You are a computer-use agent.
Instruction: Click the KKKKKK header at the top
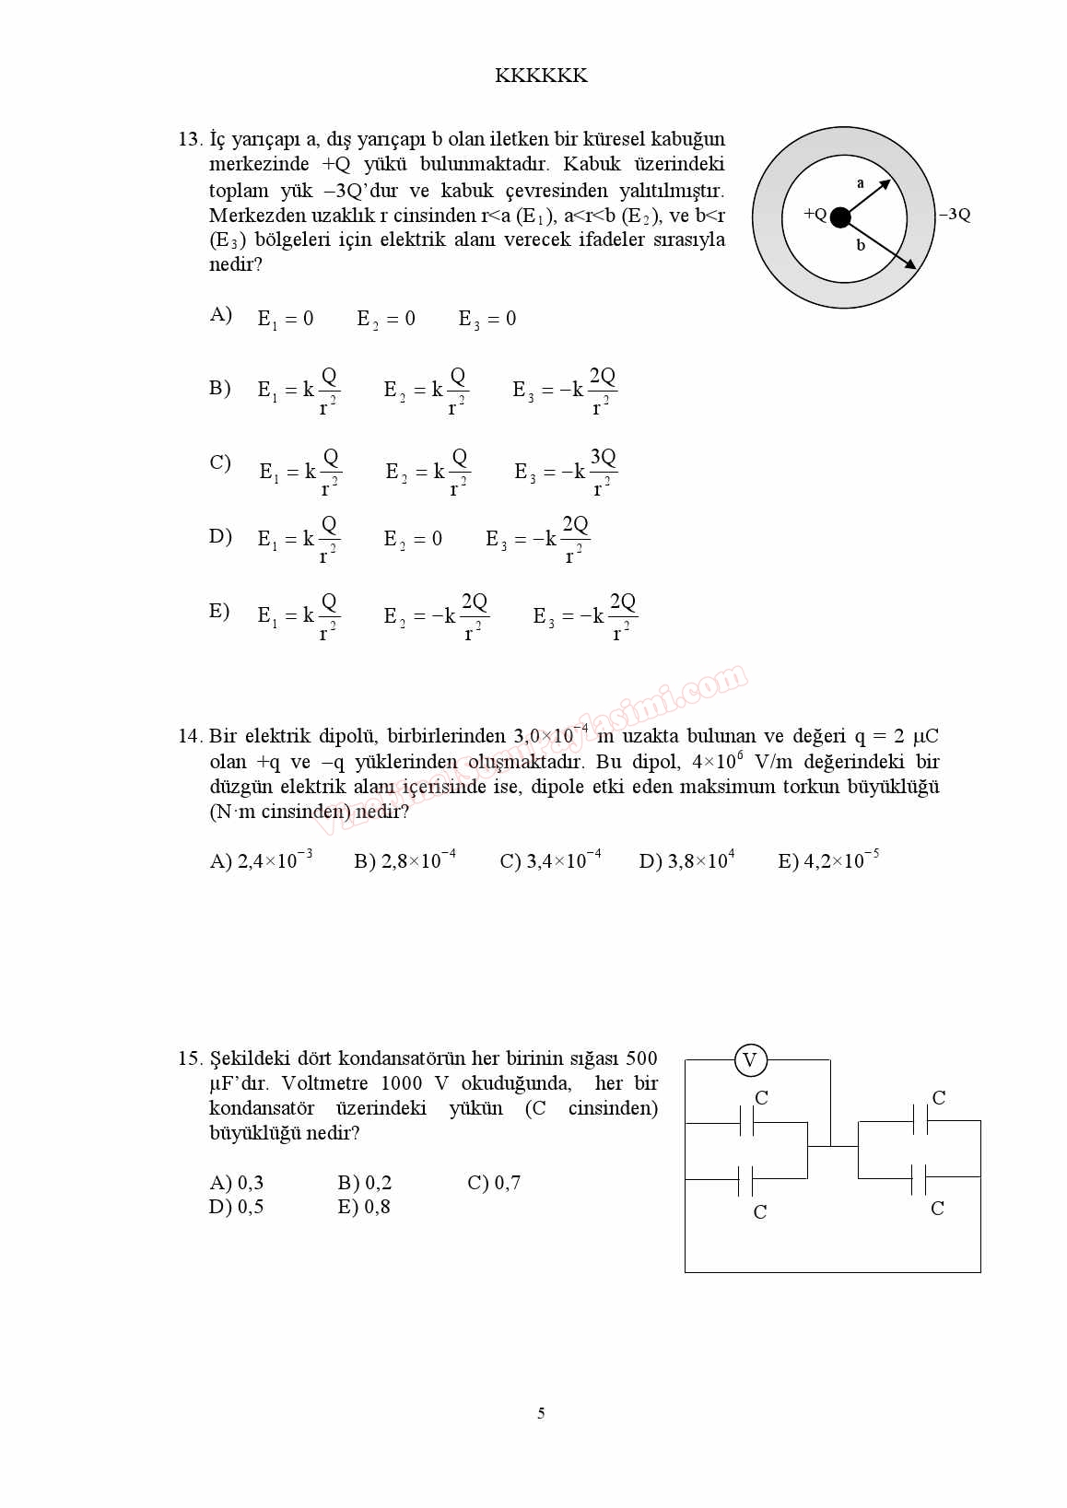point(541,76)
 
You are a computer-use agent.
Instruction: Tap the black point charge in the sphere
point(839,217)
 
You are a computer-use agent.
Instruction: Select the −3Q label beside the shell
point(955,215)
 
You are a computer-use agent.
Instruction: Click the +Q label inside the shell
point(815,214)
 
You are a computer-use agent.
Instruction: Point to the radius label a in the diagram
point(861,183)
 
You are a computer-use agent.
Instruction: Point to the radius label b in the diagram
point(861,245)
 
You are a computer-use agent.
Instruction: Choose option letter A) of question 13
point(220,315)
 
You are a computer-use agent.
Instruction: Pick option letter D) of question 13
point(220,536)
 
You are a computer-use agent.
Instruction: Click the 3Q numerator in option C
point(603,457)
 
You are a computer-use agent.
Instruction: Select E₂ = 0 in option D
point(413,539)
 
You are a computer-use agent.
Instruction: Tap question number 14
point(190,736)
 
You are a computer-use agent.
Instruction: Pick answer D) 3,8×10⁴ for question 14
point(686,860)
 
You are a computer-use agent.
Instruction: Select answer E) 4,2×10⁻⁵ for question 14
point(828,860)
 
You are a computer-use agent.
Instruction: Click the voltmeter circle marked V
point(750,1060)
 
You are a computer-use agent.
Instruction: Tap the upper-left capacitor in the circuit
point(746,1122)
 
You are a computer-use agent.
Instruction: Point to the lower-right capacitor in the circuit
point(919,1177)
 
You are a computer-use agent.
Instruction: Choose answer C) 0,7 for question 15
point(494,1183)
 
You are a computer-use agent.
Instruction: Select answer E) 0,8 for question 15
point(364,1207)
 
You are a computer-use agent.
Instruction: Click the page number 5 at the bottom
point(541,1413)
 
